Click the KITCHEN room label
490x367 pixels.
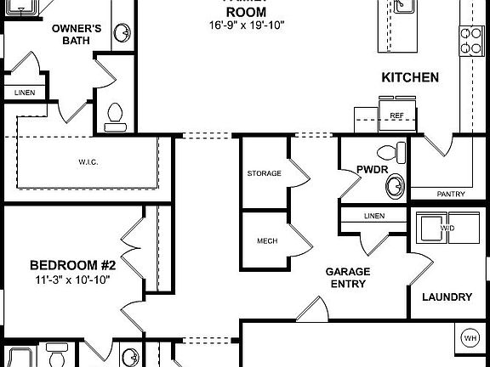410,77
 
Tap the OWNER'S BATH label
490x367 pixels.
77,34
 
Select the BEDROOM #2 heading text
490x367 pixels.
73,265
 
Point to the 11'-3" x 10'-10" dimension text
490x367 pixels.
73,279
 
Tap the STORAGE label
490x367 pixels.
264,173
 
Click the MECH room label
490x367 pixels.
267,240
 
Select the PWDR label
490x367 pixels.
372,170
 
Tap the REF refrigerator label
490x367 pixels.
396,115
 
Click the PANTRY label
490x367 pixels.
451,194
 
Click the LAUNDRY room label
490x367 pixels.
447,297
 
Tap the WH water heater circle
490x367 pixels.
470,339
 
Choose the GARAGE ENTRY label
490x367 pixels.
348,278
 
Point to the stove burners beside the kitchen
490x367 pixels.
470,39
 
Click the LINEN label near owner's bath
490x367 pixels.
23,92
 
